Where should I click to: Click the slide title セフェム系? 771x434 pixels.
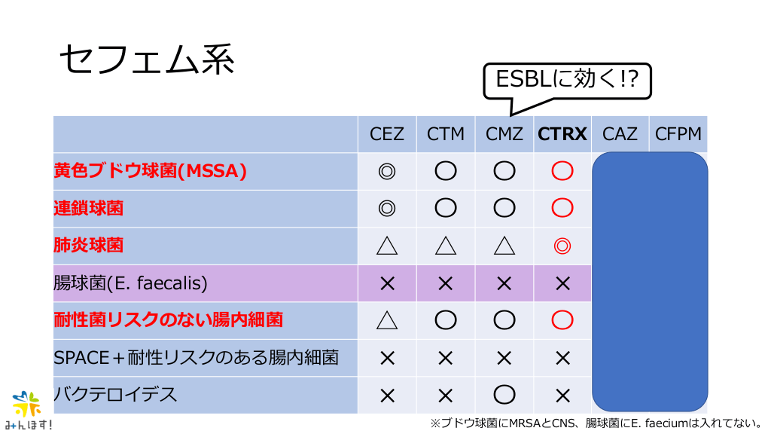pyautogui.click(x=147, y=60)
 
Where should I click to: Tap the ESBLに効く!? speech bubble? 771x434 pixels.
pyautogui.click(x=567, y=81)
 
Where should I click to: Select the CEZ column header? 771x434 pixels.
pyautogui.click(x=386, y=134)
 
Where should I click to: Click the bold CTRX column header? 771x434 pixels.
pyautogui.click(x=562, y=134)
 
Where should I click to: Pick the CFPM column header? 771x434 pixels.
pyautogui.click(x=678, y=134)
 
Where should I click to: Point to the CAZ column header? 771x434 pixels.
pyautogui.click(x=620, y=134)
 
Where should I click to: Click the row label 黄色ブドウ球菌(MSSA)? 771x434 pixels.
pyautogui.click(x=150, y=171)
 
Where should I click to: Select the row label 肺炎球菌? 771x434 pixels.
pyautogui.click(x=89, y=245)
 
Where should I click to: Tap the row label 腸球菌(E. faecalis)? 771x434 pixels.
pyautogui.click(x=130, y=283)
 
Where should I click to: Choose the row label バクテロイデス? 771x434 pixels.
pyautogui.click(x=115, y=394)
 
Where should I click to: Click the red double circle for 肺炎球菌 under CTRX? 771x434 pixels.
pyautogui.click(x=562, y=246)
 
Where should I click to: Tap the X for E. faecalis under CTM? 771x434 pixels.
pyautogui.click(x=446, y=283)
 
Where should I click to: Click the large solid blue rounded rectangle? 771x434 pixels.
pyautogui.click(x=650, y=282)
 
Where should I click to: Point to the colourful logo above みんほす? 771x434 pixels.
pyautogui.click(x=26, y=404)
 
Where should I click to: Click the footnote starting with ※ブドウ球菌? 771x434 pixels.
pyautogui.click(x=596, y=423)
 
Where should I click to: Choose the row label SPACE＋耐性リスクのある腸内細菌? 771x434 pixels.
pyautogui.click(x=197, y=357)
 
